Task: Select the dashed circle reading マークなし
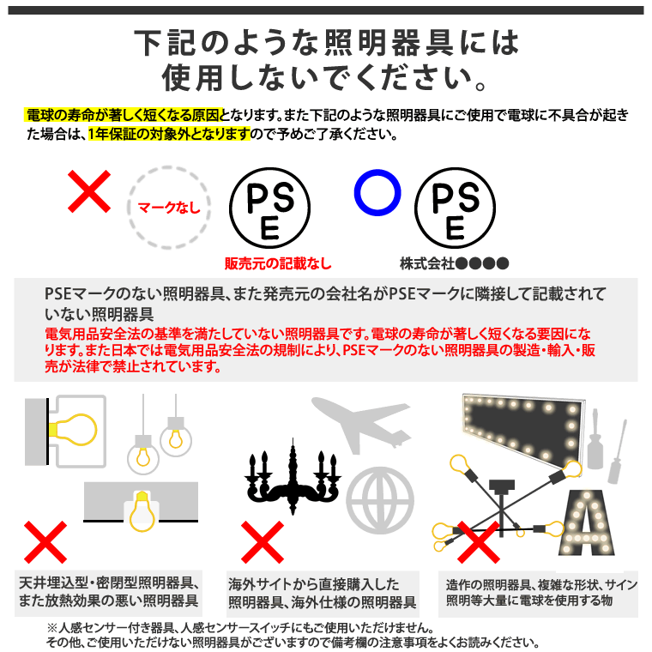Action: click(168, 207)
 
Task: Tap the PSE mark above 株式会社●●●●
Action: click(455, 207)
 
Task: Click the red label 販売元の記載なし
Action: click(277, 263)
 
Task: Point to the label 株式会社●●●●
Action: click(455, 263)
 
